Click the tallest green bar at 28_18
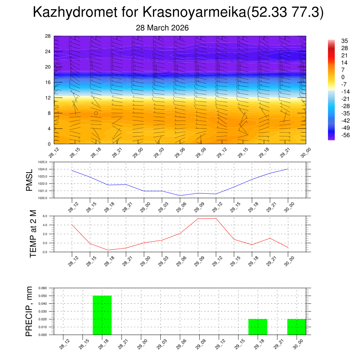pyautogui.click(x=102, y=315)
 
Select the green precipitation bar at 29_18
pyautogui.click(x=258, y=327)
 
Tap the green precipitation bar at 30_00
pyautogui.click(x=296, y=327)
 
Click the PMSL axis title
pyautogui.click(x=30, y=180)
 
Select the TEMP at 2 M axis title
pyautogui.click(x=33, y=234)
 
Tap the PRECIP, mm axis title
pyautogui.click(x=30, y=311)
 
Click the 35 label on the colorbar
pyautogui.click(x=345, y=41)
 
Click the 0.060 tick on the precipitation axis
pyautogui.click(x=42, y=288)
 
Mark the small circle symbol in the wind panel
pyautogui.click(x=96, y=113)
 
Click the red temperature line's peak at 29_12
pyautogui.click(x=216, y=218)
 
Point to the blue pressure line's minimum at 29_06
pyautogui.click(x=180, y=195)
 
